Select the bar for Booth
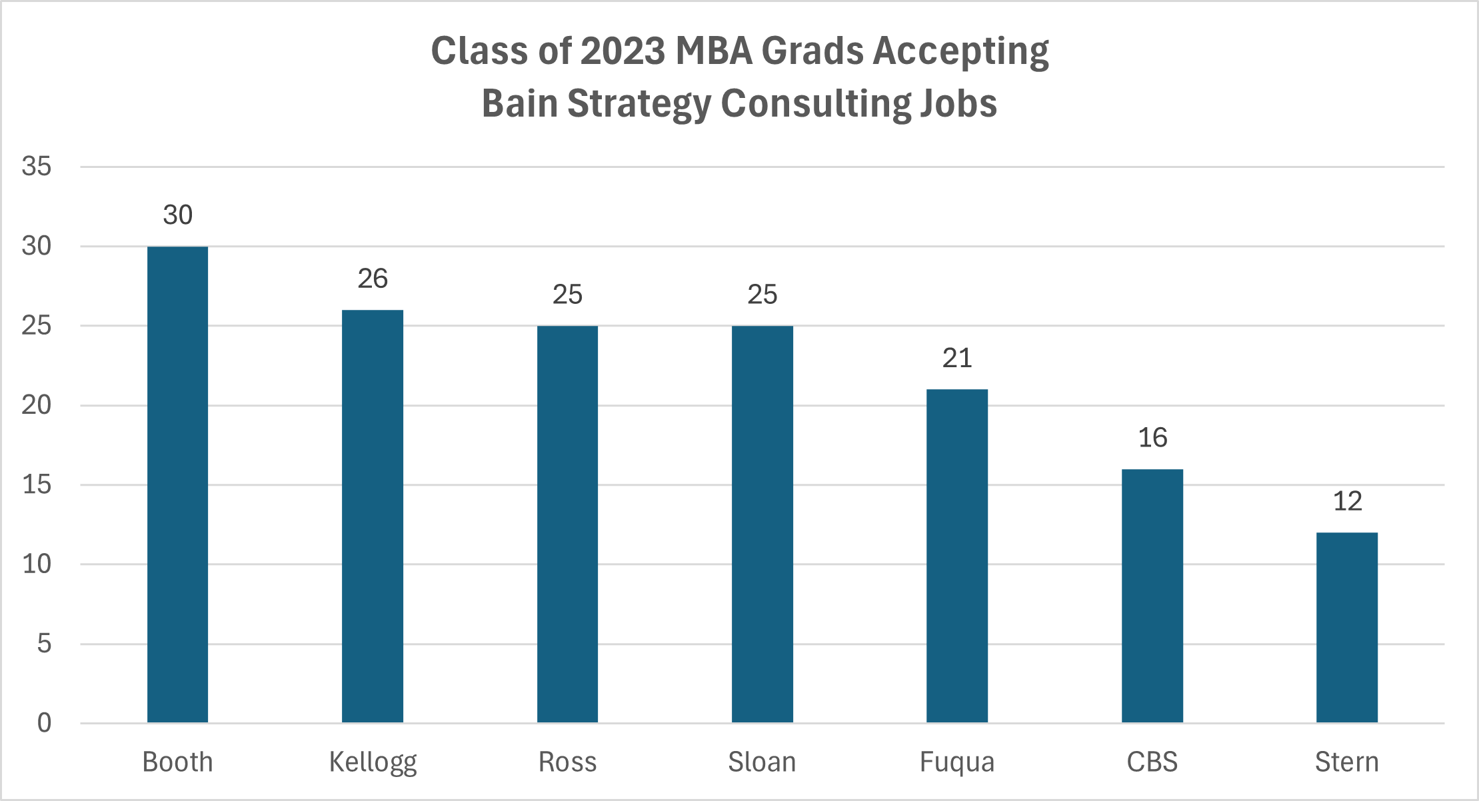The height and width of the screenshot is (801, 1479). [x=177, y=484]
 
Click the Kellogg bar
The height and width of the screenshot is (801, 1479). [x=373, y=516]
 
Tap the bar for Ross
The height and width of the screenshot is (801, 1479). [x=567, y=524]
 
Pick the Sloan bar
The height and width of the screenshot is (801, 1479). [x=762, y=524]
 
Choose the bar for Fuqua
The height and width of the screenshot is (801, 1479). [x=957, y=556]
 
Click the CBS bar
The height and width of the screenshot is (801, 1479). [x=1152, y=596]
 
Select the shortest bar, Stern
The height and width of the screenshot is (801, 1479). [x=1347, y=628]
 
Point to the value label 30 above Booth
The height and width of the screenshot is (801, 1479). [x=177, y=215]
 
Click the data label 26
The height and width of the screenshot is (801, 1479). [x=373, y=279]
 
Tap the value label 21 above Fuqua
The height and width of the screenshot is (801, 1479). [x=957, y=359]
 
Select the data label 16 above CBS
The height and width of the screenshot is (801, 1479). [x=1152, y=438]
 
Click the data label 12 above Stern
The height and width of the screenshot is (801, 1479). [x=1347, y=501]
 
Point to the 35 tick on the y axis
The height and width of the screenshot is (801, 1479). [x=37, y=167]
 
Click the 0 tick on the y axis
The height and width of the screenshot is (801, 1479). [x=44, y=723]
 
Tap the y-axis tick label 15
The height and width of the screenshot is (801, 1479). [x=37, y=484]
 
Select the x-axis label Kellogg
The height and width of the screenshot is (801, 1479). [x=373, y=762]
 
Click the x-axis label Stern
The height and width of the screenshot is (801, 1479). [x=1347, y=762]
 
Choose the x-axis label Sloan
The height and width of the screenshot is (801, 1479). [x=762, y=762]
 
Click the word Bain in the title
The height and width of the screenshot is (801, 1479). [x=519, y=104]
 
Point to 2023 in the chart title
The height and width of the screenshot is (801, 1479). [x=623, y=51]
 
